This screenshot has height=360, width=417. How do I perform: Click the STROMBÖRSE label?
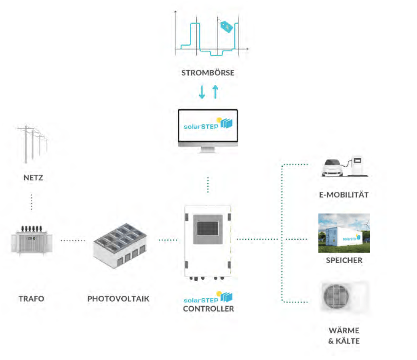coord(208,73)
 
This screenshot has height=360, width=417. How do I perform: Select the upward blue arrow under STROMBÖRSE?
coord(215,92)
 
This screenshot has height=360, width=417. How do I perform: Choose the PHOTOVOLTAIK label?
coord(118,299)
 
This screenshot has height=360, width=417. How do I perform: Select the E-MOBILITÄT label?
coord(344,195)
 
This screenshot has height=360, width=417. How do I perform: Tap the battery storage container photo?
coord(344,233)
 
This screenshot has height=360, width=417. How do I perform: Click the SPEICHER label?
coord(344,260)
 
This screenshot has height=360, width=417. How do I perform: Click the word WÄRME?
coord(344,331)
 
